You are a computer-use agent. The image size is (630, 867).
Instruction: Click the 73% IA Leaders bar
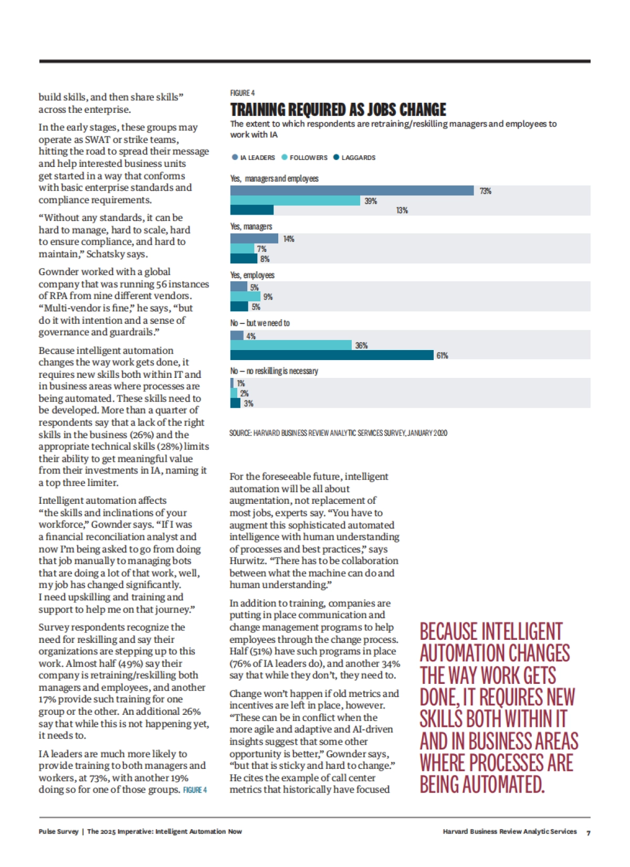[352, 191]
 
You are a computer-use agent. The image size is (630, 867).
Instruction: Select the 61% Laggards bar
[332, 355]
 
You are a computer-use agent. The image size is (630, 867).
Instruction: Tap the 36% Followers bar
[291, 345]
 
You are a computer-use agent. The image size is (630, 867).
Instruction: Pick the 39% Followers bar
[295, 200]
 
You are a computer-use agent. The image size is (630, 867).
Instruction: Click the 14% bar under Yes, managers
[254, 239]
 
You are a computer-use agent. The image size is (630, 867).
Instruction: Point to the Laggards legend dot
[336, 157]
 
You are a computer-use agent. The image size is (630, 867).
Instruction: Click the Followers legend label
[308, 157]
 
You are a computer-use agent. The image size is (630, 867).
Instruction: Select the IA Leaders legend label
[257, 157]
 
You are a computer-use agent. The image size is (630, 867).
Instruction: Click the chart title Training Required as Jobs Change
[338, 110]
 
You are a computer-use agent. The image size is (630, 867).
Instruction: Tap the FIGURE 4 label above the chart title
[242, 93]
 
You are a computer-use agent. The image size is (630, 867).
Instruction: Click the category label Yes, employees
[252, 275]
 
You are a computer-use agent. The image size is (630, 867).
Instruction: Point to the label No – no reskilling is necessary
[274, 371]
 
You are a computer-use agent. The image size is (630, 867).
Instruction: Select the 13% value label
[402, 210]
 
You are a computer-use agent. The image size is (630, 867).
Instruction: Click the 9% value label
[268, 297]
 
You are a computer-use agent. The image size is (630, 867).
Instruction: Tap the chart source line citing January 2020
[338, 433]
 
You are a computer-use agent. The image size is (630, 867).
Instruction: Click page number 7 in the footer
[588, 833]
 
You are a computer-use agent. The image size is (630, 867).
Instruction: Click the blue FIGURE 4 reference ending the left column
[195, 790]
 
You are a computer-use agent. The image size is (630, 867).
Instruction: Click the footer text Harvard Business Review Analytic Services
[509, 832]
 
